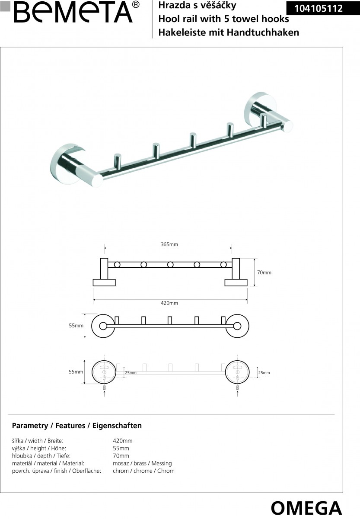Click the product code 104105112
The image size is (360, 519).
coord(319,8)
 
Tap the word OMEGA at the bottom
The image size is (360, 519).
coord(306,508)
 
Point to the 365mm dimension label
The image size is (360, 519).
coord(169,244)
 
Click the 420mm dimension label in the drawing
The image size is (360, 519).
coord(169,303)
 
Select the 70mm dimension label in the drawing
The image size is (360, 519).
coord(264,272)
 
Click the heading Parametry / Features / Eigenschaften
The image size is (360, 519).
coord(76,426)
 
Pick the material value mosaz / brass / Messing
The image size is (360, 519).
coord(142,463)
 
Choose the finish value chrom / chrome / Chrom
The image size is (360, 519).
coord(143,471)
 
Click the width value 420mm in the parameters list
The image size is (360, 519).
coord(122,441)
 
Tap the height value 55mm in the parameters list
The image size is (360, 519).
coord(121,449)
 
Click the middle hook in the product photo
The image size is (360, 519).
coord(193,141)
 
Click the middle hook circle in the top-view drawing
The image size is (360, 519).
coord(170,265)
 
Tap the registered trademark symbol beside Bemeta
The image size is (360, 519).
coord(137,4)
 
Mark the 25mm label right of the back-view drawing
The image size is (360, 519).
coord(264,372)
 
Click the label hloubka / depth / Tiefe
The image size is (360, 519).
coord(41,456)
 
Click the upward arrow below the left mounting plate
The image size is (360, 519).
coord(104,393)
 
